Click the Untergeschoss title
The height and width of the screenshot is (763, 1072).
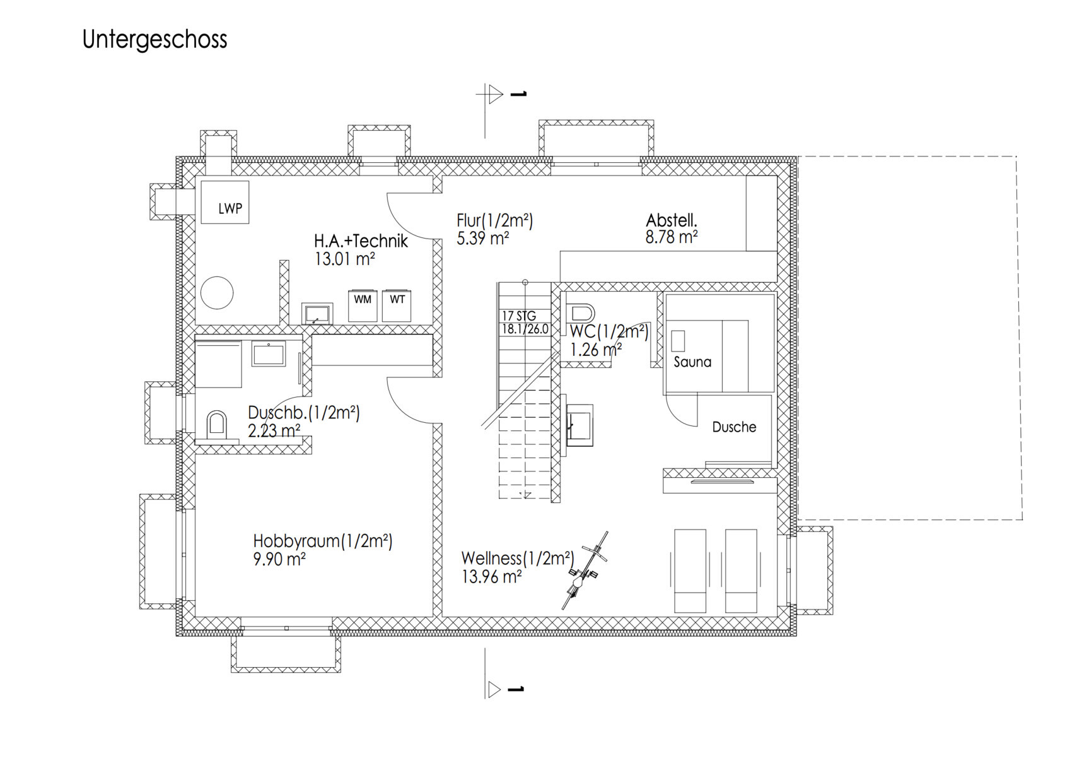point(154,40)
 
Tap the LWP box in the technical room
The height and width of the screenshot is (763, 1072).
point(225,202)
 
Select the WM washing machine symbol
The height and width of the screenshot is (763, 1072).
point(363,305)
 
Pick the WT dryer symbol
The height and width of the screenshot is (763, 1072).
point(397,305)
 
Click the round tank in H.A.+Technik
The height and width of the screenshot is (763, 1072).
point(217,293)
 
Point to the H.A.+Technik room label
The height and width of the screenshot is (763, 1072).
point(361,241)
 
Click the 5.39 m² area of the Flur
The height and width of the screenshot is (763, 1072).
point(482,238)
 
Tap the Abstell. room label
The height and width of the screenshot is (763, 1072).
point(672,220)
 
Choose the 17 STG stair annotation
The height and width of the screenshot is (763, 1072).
point(519,316)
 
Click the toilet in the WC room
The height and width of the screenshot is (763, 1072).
point(580,313)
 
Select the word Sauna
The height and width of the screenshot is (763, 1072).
point(692,362)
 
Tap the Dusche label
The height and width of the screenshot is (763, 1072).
point(734,427)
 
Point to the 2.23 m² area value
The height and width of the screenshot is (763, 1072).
point(274,431)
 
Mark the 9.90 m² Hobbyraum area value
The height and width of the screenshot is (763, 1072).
point(279,559)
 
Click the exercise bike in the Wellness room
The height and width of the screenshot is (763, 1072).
point(585,571)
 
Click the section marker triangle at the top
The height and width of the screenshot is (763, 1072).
point(496,94)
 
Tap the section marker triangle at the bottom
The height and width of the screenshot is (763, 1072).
point(494,690)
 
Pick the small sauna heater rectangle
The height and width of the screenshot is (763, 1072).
point(678,341)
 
